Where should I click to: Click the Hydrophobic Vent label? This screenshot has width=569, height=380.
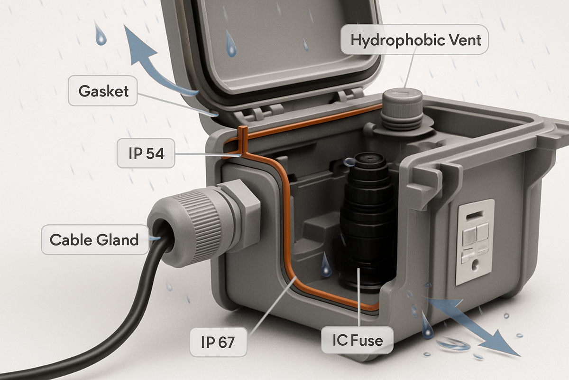click(416, 40)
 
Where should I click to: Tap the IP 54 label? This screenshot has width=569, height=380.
click(146, 154)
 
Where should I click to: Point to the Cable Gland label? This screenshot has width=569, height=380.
click(94, 239)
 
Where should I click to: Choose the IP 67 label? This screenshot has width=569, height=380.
click(218, 342)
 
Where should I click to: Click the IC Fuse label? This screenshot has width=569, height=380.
click(357, 340)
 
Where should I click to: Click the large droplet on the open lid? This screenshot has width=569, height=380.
click(231, 44)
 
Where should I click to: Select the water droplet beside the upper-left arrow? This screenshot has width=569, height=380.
click(101, 34)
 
